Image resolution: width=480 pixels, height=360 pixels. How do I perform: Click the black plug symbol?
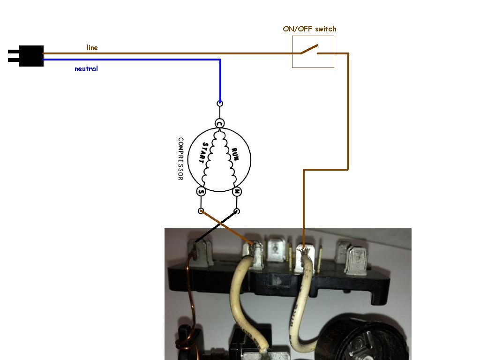click(x=29, y=56)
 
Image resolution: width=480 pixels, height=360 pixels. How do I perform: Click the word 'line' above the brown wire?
click(x=92, y=47)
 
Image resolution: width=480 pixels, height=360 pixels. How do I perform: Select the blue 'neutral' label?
click(x=86, y=69)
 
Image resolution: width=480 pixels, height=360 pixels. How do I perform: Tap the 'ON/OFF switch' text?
click(x=309, y=29)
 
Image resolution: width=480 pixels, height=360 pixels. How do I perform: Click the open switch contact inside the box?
click(x=310, y=49)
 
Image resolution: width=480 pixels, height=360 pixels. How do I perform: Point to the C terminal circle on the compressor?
click(x=219, y=123)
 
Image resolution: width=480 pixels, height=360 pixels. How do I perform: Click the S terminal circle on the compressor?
click(x=201, y=191)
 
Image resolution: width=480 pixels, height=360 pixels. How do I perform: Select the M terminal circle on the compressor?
click(x=237, y=191)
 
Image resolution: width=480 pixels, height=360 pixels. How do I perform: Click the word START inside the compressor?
click(x=204, y=152)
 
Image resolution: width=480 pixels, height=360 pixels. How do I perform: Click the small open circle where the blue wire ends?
click(x=220, y=103)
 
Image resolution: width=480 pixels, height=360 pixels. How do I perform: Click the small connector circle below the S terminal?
click(x=201, y=211)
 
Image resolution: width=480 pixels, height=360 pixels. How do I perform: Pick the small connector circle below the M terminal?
click(x=237, y=211)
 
